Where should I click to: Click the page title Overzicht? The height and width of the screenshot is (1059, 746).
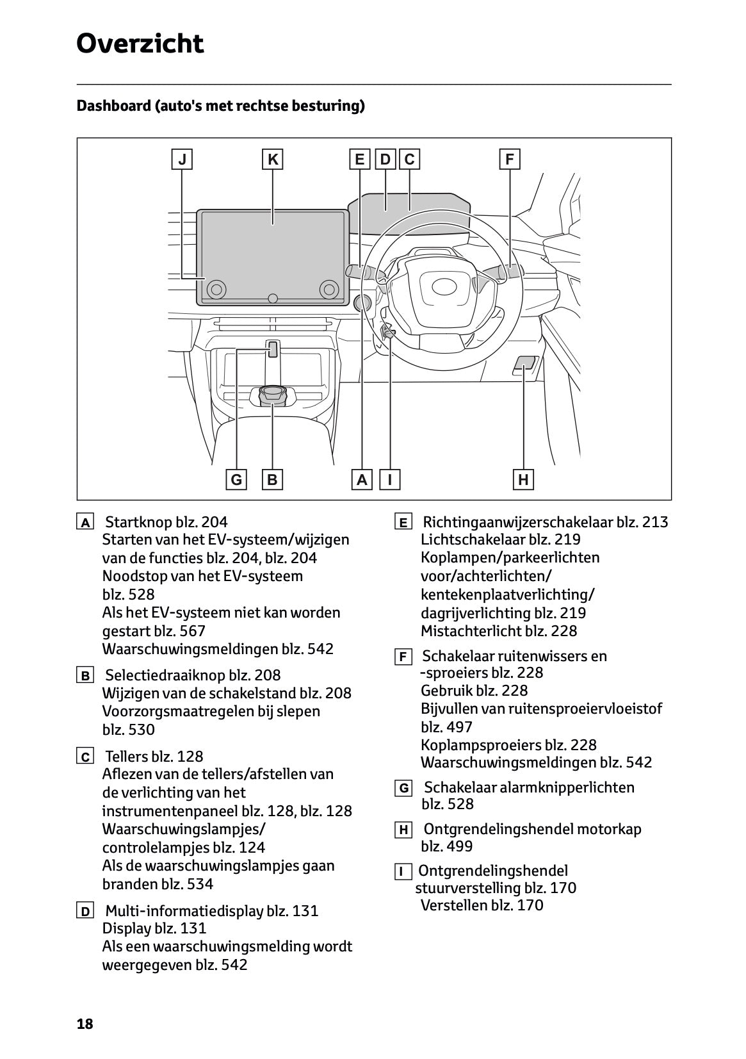(140, 44)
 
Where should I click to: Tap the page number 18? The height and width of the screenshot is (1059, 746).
(85, 1024)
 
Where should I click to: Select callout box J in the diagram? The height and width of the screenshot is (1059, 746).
(182, 159)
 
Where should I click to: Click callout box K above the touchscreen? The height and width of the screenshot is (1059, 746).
(273, 159)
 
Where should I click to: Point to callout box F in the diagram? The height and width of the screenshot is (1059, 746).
(509, 159)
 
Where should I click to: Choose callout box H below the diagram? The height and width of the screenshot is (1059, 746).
(523, 479)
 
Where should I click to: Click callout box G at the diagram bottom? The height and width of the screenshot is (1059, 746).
(236, 479)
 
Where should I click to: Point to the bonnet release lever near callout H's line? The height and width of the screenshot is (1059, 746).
(525, 364)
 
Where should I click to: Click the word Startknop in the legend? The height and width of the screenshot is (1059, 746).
(136, 522)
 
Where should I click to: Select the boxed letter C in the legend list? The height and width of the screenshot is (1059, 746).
(85, 757)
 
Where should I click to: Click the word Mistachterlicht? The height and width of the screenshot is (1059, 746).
(471, 631)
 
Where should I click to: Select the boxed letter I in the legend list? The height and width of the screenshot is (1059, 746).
(403, 872)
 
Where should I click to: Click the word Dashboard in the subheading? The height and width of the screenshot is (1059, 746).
(113, 106)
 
